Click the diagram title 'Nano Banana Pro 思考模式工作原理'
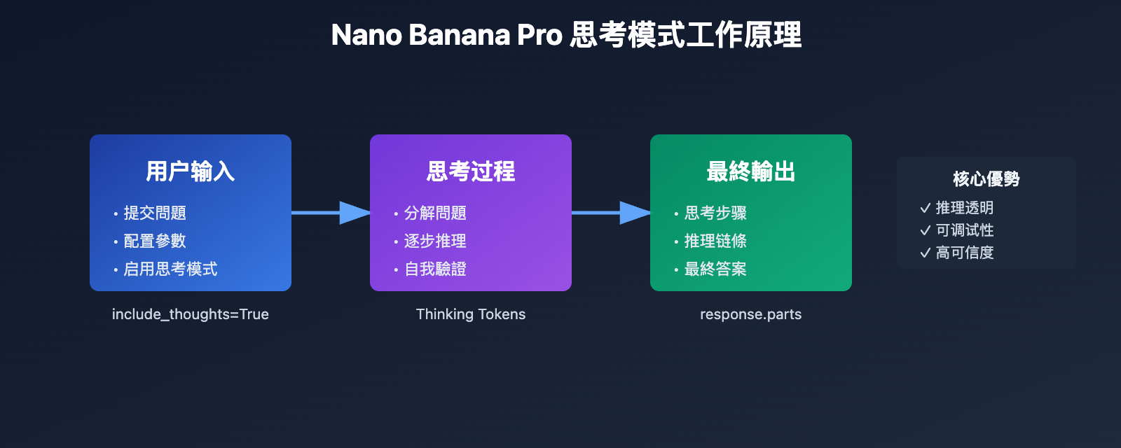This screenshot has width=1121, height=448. point(566,35)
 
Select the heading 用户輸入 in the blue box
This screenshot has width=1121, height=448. point(190,171)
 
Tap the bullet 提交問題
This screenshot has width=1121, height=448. point(155,213)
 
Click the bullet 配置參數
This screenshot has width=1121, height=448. point(155,241)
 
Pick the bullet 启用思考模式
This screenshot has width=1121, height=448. point(170,269)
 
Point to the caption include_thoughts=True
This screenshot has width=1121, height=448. point(190,314)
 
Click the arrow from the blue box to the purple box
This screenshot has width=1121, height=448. point(330,213)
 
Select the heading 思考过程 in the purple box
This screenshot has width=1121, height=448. point(470,171)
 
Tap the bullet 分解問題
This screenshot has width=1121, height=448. point(435,213)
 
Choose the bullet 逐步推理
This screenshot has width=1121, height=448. point(435,241)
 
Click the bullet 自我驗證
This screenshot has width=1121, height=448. point(435,269)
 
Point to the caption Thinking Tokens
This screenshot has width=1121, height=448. point(470,314)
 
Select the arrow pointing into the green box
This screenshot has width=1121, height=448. point(610,213)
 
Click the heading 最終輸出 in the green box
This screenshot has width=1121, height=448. point(750,171)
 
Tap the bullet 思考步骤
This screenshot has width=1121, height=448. point(715,213)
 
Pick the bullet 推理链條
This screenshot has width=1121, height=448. point(715,241)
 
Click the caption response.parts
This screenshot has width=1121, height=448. point(750,314)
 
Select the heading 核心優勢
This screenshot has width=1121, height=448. point(986,179)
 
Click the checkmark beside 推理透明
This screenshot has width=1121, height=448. point(925,208)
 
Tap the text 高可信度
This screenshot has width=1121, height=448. point(965,253)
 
